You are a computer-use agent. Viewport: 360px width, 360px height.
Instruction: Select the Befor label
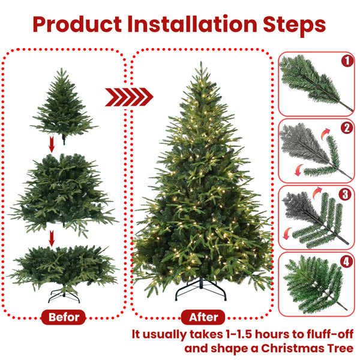[64, 317]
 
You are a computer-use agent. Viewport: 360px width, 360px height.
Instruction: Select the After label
[203, 317]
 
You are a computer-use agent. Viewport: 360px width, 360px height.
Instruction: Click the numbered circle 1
[347, 61]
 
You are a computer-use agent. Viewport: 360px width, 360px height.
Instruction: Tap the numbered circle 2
[346, 128]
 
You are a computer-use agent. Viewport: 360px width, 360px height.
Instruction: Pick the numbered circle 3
[346, 194]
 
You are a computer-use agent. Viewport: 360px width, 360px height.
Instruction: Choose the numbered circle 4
[346, 262]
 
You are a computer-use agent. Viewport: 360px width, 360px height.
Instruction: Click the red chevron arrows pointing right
[129, 96]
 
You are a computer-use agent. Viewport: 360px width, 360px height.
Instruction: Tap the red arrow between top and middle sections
[52, 145]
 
